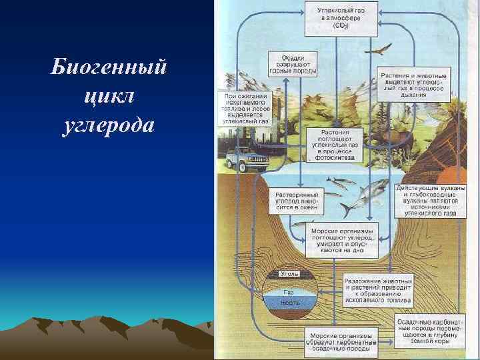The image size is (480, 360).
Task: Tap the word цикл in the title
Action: coord(111,97)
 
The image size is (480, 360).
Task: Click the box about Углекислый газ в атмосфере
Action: coord(339,18)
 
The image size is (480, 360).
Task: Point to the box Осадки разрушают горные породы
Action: coord(293,64)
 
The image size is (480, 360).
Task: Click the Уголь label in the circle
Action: coord(289,274)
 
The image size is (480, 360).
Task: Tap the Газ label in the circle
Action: coord(289,292)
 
